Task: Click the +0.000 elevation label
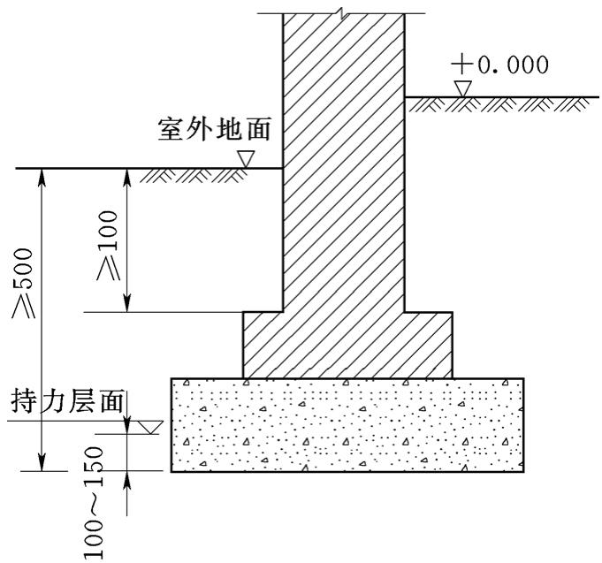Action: [499, 65]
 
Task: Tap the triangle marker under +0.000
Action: [463, 88]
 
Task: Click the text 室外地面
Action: [215, 129]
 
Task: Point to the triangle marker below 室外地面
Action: [246, 159]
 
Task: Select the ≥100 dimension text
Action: [108, 246]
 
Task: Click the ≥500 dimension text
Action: [23, 283]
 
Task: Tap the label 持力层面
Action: [67, 401]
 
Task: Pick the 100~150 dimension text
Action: [94, 503]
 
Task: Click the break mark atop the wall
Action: [342, 12]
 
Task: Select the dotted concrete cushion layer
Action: [347, 425]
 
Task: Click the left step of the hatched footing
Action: [263, 345]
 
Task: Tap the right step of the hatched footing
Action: [429, 345]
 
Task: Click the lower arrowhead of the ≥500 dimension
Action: [42, 462]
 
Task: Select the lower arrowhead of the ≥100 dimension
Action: [127, 303]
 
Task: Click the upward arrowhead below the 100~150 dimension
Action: [127, 480]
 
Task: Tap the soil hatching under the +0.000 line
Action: [498, 104]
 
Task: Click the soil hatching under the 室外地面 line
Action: [194, 175]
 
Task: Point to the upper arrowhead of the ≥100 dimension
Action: [127, 178]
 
